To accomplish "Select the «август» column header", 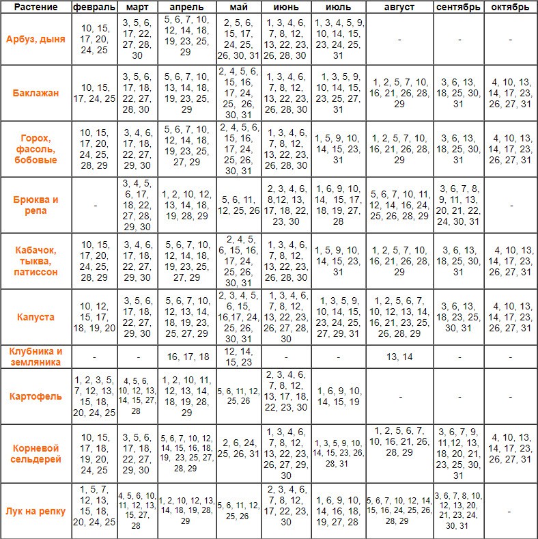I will click(x=399, y=8).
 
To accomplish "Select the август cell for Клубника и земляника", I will click(x=399, y=357).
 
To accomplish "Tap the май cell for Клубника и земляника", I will click(x=238, y=357).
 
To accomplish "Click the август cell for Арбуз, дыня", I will click(x=399, y=39).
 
